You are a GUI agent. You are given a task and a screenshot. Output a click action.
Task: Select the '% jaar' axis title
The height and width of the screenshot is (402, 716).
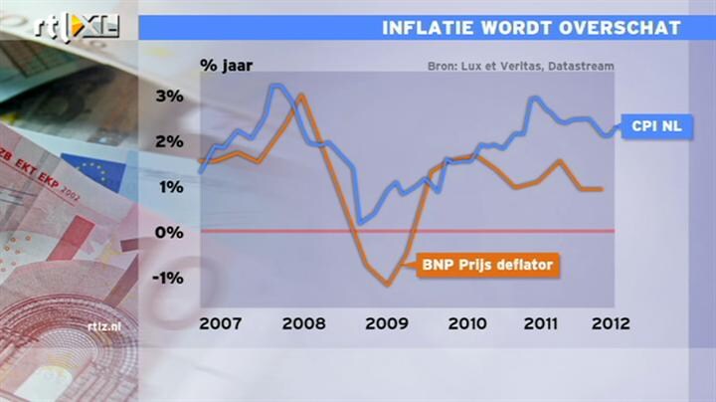(x=227, y=67)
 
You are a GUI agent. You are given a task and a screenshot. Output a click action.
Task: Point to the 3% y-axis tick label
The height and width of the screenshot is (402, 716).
(x=168, y=97)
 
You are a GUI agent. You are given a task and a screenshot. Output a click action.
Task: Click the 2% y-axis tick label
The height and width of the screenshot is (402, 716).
(x=168, y=141)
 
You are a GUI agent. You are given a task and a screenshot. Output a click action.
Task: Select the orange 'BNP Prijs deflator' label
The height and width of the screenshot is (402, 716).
(x=486, y=265)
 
